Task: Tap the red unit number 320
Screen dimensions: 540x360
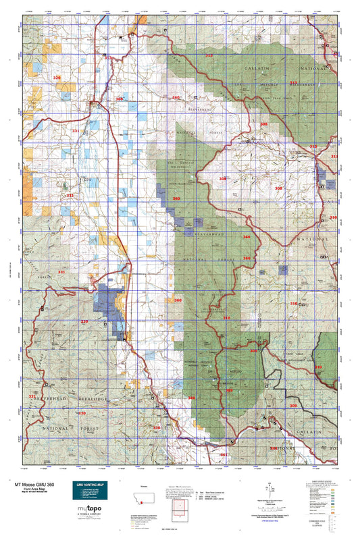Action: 57,78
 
